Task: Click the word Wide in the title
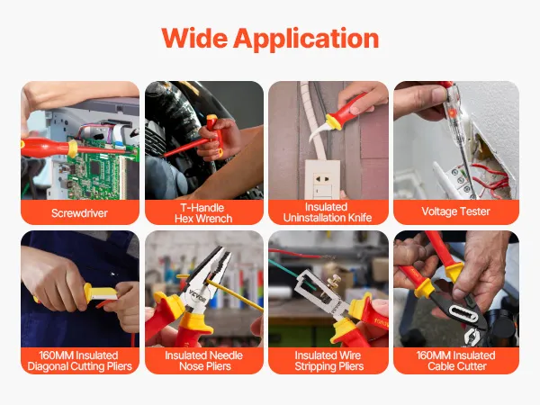pyautogui.click(x=194, y=38)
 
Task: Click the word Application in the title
pyautogui.click(x=306, y=40)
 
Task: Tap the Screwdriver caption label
pyautogui.click(x=79, y=213)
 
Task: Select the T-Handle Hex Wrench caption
pyautogui.click(x=203, y=213)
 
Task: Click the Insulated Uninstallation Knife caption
pyautogui.click(x=328, y=212)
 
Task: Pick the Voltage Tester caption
pyautogui.click(x=455, y=211)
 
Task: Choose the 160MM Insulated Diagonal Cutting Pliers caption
pyautogui.click(x=79, y=361)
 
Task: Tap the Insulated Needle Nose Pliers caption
pyautogui.click(x=204, y=361)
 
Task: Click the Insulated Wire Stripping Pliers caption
pyautogui.click(x=328, y=361)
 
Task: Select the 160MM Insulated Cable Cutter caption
pyautogui.click(x=456, y=361)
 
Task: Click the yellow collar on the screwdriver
pyautogui.click(x=72, y=148)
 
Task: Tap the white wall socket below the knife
pyautogui.click(x=322, y=179)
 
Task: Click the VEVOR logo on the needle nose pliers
pyautogui.click(x=197, y=296)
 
